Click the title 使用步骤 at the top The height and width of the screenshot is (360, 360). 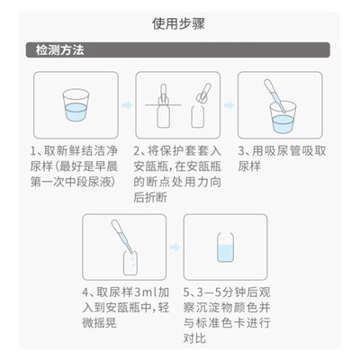click(178, 23)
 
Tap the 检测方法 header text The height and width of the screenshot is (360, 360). click(59, 49)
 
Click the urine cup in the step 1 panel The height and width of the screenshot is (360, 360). click(76, 105)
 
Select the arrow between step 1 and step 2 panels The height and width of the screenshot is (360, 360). click(127, 105)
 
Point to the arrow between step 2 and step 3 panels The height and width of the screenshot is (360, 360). click(229, 105)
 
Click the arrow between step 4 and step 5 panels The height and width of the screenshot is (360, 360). click(175, 247)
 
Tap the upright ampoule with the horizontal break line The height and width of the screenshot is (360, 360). click(164, 106)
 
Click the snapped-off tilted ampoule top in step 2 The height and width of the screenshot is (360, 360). click(204, 94)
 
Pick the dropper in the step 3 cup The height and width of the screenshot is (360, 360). click(274, 96)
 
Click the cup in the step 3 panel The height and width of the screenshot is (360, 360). click(283, 118)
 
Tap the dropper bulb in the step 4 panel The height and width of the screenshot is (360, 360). click(117, 227)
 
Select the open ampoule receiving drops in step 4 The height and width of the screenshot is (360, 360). click(130, 263)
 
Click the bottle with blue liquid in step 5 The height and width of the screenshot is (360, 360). click(225, 247)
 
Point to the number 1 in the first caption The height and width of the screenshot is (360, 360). click(33, 151)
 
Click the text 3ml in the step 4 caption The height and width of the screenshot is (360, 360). click(146, 292)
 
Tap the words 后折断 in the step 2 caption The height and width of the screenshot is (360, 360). click(150, 198)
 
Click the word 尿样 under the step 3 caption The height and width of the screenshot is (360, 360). click(249, 166)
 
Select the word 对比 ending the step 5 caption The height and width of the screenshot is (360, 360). click(194, 338)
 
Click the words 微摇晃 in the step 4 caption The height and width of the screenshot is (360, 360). click(99, 323)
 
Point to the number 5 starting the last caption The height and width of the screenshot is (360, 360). click(186, 292)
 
